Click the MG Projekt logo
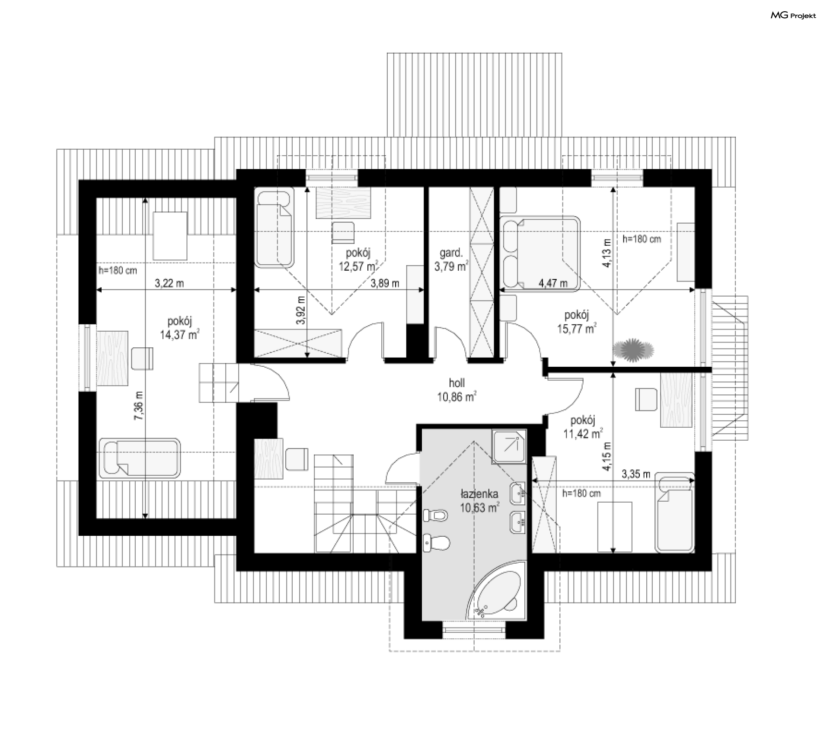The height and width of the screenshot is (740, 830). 793,16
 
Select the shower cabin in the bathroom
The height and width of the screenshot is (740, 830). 509,447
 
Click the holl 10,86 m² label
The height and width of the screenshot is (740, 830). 456,390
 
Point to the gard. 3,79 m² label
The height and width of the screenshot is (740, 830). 451,259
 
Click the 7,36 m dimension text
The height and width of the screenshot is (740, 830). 139,405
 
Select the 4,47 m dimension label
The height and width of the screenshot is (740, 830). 553,283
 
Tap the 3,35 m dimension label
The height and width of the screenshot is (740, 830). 636,474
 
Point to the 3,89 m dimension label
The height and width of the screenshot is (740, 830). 385,283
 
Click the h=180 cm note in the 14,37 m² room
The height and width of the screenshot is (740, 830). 118,271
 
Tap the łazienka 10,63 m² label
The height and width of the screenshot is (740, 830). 479,500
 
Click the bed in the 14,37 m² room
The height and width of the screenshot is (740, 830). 139,458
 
